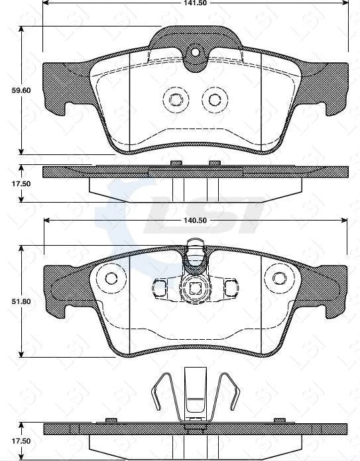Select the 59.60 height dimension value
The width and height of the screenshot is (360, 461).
coord(11,91)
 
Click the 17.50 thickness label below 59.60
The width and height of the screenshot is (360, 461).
coord(11,183)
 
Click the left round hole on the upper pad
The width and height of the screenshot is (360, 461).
coord(176,99)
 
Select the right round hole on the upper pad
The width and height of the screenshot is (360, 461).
coord(214,99)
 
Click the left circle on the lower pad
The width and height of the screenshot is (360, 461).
coord(111,278)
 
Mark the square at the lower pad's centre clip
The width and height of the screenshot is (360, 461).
coord(195,288)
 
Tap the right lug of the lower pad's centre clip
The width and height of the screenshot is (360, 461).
coord(229,288)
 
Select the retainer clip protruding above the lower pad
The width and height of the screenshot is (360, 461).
coord(195,252)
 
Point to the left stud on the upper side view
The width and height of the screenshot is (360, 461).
coord(176,163)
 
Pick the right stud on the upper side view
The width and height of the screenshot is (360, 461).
coord(214,163)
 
